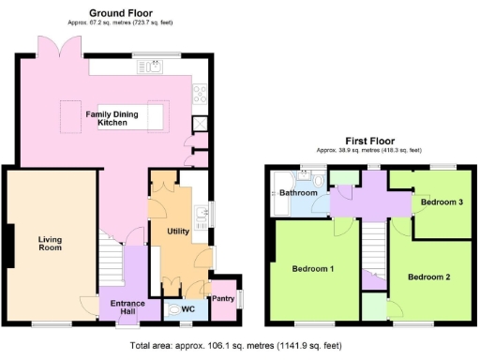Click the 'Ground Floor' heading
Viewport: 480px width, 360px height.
point(121,13)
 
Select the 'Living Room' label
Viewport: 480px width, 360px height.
point(50,245)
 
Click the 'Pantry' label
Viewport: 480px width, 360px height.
point(223,298)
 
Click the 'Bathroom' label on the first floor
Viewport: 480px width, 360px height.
point(298,193)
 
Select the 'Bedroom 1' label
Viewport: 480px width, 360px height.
point(313,269)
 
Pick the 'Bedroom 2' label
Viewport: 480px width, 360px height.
point(428,277)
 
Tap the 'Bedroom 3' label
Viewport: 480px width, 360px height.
point(442,202)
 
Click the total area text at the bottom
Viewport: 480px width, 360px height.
point(239,346)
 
